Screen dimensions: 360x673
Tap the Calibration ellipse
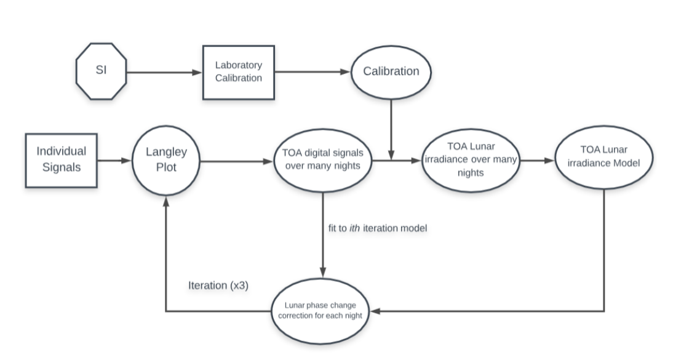[x=391, y=71]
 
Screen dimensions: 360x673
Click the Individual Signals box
[x=61, y=160]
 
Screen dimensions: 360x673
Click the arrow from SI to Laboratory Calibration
[x=164, y=72]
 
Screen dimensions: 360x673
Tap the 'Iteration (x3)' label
[x=218, y=286]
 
